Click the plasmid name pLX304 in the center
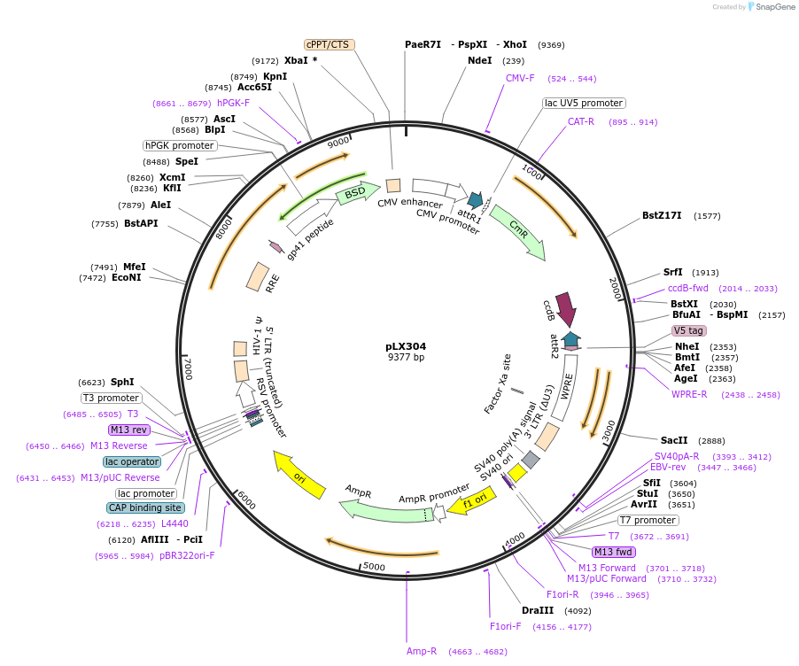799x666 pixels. click(406, 346)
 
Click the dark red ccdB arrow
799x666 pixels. click(564, 309)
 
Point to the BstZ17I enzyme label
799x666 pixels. click(662, 215)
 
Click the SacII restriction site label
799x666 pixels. click(674, 440)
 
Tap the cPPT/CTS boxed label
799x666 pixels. click(327, 44)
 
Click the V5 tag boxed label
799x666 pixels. click(688, 330)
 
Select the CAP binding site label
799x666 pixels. click(146, 507)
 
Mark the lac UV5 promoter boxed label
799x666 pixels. click(584, 103)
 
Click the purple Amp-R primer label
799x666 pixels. click(422, 651)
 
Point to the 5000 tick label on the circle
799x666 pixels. click(374, 566)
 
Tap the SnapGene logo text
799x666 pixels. click(772, 7)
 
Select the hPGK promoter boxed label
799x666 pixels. click(180, 145)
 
